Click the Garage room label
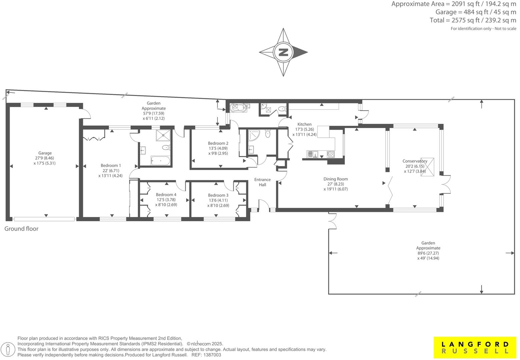pyautogui.click(x=45, y=153)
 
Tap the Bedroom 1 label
pyautogui.click(x=111, y=165)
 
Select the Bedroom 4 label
pyautogui.click(x=166, y=195)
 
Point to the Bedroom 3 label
pyautogui.click(x=218, y=195)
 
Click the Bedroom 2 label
pyautogui.click(x=218, y=143)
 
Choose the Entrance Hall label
pyautogui.click(x=263, y=182)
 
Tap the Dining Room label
pyautogui.click(x=336, y=179)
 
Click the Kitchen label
pyautogui.click(x=305, y=124)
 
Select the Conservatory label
pyautogui.click(x=415, y=161)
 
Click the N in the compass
pyautogui.click(x=283, y=52)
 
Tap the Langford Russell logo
pyautogui.click(x=475, y=347)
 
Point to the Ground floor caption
pyautogui.click(x=21, y=229)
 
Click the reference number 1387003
pyautogui.click(x=212, y=355)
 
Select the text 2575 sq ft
pyautogui.click(x=465, y=20)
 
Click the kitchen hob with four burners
pyautogui.click(x=331, y=154)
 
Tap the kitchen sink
pyautogui.click(x=312, y=154)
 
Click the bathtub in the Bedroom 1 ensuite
pyautogui.click(x=160, y=161)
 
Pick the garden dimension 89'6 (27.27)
pyautogui.click(x=428, y=253)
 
